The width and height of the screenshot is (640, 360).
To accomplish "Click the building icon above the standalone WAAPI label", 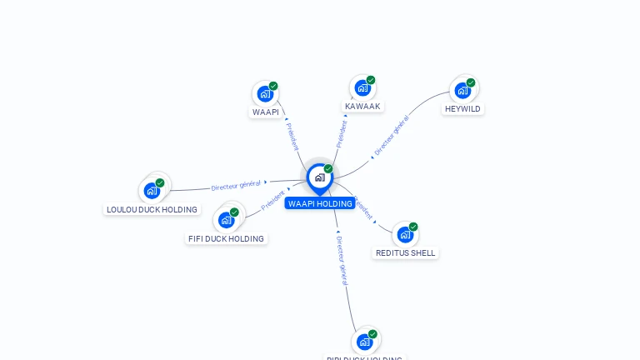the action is pyautogui.click(x=265, y=93).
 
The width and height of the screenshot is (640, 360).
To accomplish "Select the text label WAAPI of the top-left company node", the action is pyautogui.click(x=266, y=112).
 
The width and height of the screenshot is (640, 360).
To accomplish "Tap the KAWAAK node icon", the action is pyautogui.click(x=362, y=87).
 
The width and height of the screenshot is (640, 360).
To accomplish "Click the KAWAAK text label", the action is pyautogui.click(x=362, y=107).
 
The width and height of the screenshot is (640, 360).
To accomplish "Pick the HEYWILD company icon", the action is pyautogui.click(x=462, y=90).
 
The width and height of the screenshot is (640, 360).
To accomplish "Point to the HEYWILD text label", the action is pyautogui.click(x=462, y=109).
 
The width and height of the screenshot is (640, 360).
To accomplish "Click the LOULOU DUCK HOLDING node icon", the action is pyautogui.click(x=152, y=190).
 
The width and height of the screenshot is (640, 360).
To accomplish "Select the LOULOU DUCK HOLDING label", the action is pyautogui.click(x=152, y=209).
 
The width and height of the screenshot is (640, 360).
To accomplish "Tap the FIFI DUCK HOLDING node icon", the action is pyautogui.click(x=226, y=220).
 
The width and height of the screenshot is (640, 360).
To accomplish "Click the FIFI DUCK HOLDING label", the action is pyautogui.click(x=227, y=239).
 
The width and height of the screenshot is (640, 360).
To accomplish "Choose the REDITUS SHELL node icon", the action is pyautogui.click(x=405, y=234).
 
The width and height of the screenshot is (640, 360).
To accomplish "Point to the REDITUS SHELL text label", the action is pyautogui.click(x=405, y=253).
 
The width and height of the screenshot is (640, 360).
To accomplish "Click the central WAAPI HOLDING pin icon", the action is pyautogui.click(x=319, y=177).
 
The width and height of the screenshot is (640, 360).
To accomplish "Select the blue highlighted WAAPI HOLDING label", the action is pyautogui.click(x=320, y=203).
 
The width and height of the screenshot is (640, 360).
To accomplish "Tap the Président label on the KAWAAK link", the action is pyautogui.click(x=341, y=133).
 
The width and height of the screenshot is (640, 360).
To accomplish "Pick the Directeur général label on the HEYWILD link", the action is pyautogui.click(x=391, y=136).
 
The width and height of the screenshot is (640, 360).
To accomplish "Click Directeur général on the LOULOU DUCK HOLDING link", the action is pyautogui.click(x=236, y=185).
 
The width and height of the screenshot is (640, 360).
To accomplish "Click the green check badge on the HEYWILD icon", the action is pyautogui.click(x=471, y=82).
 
